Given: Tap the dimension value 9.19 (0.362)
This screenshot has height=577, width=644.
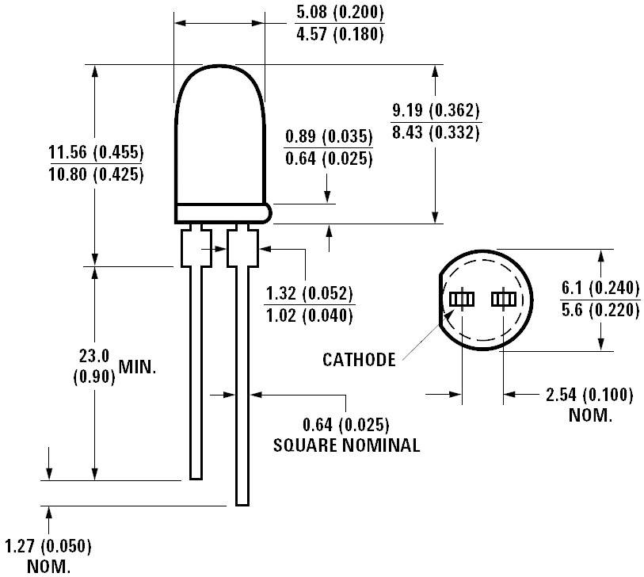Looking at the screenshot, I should point(436,110).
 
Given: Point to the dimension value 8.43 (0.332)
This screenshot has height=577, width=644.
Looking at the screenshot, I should point(436,133).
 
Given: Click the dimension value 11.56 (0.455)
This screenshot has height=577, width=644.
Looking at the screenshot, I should point(96,152).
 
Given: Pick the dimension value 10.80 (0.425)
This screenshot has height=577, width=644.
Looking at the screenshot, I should point(96,175).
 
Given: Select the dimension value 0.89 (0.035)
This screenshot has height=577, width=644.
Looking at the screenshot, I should point(328,136).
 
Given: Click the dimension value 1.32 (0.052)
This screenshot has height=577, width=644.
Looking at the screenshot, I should point(309,292).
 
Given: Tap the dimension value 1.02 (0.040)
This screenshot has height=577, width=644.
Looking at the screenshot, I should point(309,315).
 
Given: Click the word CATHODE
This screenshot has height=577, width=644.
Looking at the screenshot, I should point(359,360).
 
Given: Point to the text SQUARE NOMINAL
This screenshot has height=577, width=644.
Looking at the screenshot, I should point(346,445).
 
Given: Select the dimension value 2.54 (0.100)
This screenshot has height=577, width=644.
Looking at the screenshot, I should point(589,395).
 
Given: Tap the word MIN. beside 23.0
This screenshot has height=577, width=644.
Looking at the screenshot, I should point(138,366).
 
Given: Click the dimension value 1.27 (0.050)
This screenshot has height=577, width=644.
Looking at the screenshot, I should point(48,546).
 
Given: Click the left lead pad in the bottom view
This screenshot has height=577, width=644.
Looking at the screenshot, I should point(461,299).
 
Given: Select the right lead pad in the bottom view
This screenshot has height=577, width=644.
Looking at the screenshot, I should point(503,299).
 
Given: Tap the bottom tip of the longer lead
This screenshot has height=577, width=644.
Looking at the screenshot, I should point(242,502).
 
